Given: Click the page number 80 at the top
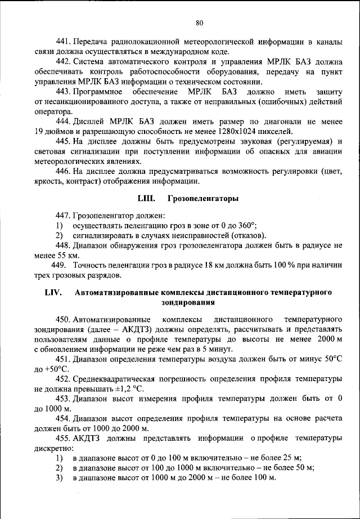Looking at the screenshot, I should point(200,23).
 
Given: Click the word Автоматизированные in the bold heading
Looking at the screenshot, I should point(118,293).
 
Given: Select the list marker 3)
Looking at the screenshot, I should point(58,478).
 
